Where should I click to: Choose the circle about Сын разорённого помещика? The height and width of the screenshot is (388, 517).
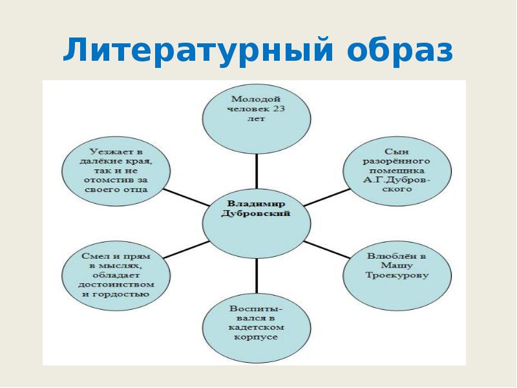click(386, 167)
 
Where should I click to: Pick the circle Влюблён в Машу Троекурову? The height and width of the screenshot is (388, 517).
click(386, 272)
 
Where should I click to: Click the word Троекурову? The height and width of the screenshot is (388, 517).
click(386, 275)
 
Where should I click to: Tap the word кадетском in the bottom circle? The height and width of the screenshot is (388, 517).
click(255, 327)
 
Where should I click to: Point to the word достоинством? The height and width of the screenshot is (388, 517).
click(115, 285)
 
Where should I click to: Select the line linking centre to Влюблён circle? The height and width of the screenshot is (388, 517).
click(326, 248)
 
